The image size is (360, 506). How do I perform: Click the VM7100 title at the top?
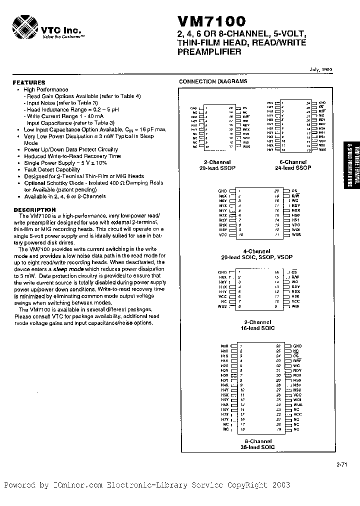tap(211, 21)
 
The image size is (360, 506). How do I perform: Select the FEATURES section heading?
tap(29, 82)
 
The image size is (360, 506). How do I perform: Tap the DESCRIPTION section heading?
tap(34, 209)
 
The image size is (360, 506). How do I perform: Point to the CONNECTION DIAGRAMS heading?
tap(213, 81)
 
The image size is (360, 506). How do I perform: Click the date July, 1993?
tap(321, 70)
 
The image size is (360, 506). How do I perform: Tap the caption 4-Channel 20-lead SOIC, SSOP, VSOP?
tap(258, 254)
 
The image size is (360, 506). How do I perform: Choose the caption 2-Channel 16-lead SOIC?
tap(258, 324)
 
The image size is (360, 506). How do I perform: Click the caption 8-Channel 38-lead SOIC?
tap(258, 444)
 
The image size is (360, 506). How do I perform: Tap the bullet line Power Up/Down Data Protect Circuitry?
tap(71, 149)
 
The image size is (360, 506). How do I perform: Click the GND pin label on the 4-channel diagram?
tap(222, 191)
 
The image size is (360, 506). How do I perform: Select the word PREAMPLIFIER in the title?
tap(209, 51)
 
